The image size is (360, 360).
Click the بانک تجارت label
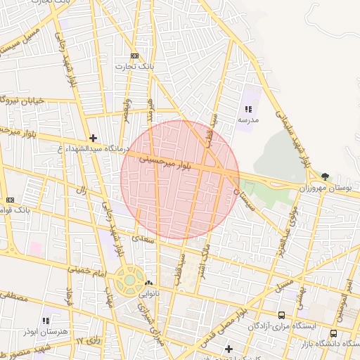[136, 65]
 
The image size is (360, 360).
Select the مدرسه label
[247, 120]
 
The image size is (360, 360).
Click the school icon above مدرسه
[247, 109]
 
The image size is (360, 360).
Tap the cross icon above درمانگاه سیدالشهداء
[93, 138]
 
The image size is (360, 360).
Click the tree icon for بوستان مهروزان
[325, 177]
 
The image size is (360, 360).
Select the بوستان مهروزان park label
[325, 188]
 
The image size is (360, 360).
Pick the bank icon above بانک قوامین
[10, 200]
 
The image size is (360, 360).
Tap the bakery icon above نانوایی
[148, 284]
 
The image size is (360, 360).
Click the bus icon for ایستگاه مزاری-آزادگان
[282, 315]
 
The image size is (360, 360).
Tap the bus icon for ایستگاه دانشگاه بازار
[333, 333]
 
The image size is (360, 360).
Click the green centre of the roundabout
[129, 280]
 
